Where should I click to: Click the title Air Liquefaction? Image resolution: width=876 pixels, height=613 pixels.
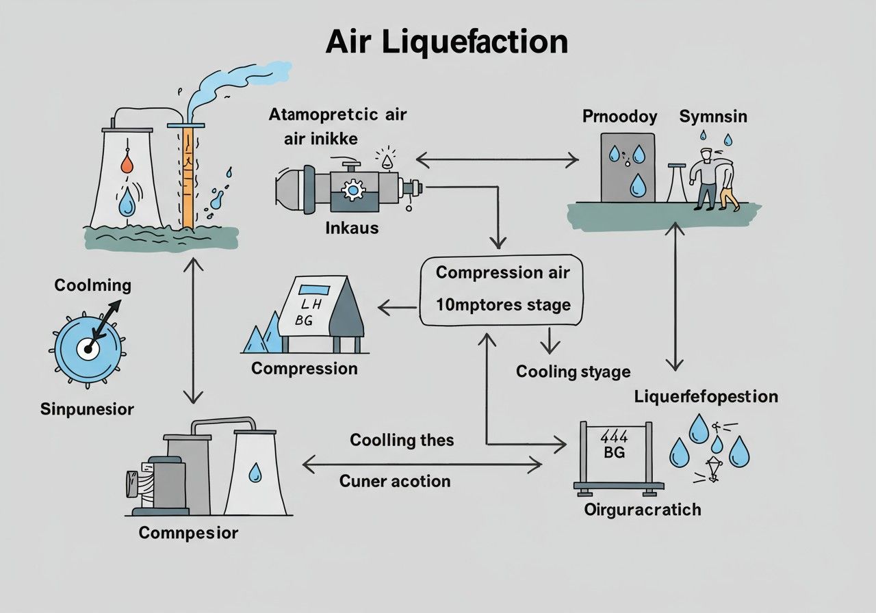[x=446, y=42]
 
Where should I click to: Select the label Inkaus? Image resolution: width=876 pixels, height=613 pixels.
[x=352, y=227]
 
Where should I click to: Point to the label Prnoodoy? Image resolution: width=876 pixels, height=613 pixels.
[x=620, y=116]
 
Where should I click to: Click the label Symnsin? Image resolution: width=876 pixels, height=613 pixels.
[x=713, y=116]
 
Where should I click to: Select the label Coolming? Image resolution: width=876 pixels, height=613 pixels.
[x=92, y=285]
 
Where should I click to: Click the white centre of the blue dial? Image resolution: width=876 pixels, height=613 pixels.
[x=87, y=349]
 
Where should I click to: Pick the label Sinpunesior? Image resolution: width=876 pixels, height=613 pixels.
[x=87, y=409]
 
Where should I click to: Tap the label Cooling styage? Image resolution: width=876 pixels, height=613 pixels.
[x=573, y=371]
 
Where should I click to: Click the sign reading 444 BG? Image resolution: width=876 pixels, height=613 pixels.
[x=614, y=445]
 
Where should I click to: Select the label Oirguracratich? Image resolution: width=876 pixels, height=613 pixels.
[x=643, y=510]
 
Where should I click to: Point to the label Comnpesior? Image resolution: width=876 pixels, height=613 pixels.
[x=188, y=532]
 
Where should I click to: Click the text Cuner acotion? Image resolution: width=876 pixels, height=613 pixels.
[x=395, y=481]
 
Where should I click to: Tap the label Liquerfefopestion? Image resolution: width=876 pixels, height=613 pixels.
[x=706, y=397]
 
